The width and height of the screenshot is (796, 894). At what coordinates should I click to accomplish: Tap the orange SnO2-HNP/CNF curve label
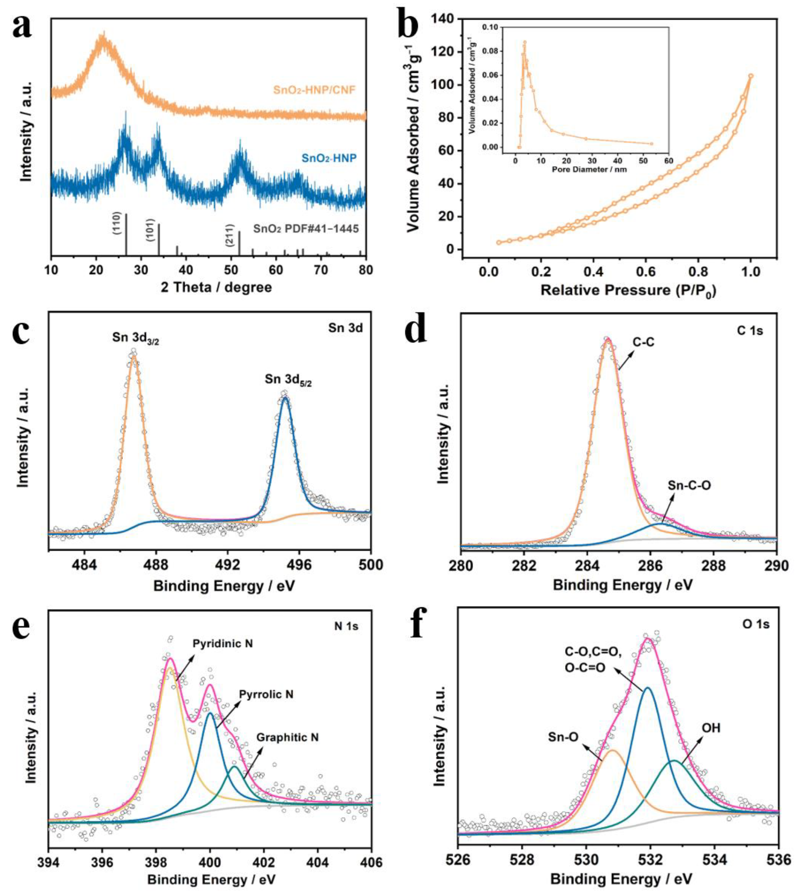tap(314, 90)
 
